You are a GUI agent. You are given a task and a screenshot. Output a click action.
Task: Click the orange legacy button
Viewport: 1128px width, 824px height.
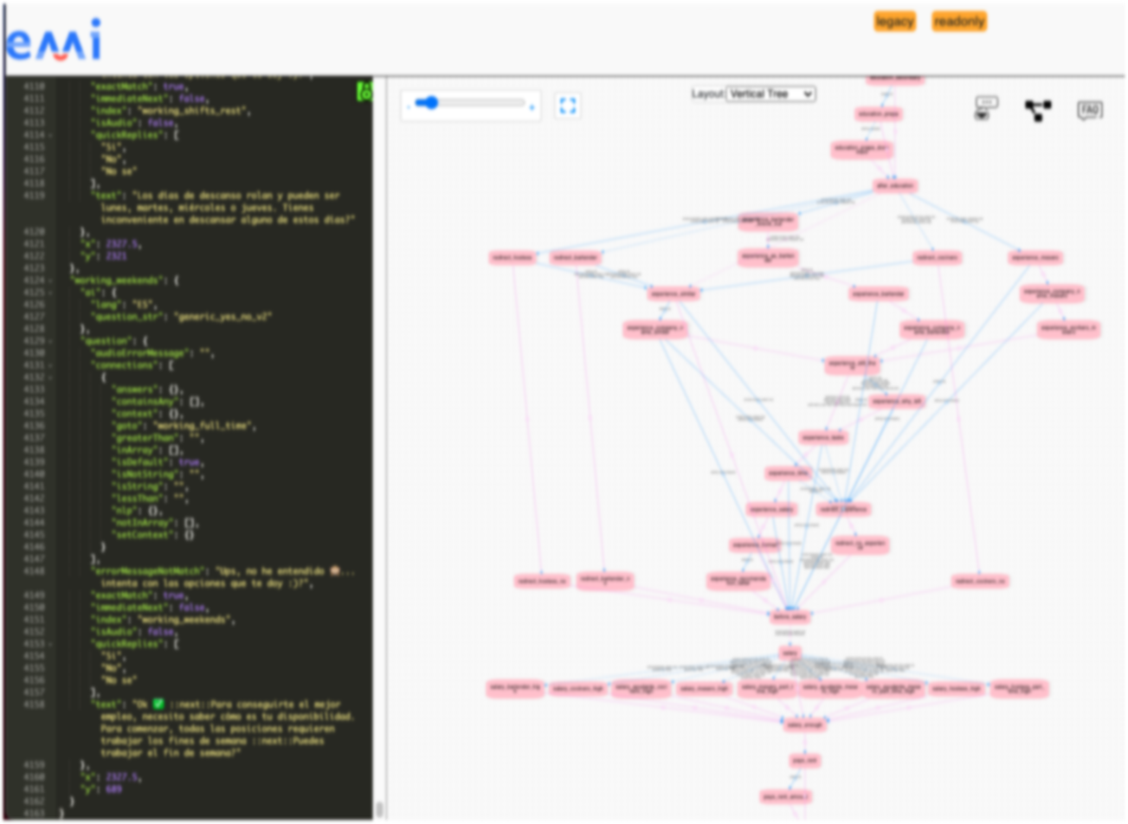tap(894, 22)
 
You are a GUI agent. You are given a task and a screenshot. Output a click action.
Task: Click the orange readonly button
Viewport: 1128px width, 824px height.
tap(959, 22)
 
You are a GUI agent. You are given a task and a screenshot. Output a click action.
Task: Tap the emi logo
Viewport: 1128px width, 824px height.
tap(54, 42)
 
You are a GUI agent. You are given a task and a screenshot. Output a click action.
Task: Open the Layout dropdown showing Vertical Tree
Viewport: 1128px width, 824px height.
tap(770, 93)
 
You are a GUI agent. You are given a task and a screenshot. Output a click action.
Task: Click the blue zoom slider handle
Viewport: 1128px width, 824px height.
tap(430, 104)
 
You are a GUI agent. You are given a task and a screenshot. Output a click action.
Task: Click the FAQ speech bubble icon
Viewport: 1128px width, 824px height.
tap(1089, 111)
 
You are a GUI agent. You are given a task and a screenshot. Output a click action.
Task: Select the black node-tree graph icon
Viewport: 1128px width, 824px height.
tap(1037, 111)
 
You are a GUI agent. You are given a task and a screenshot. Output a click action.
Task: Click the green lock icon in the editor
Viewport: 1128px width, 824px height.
tap(364, 91)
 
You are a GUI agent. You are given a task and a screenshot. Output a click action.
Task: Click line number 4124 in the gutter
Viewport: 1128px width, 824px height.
tap(35, 280)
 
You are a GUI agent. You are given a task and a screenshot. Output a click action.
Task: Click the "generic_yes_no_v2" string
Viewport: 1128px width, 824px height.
tap(223, 317)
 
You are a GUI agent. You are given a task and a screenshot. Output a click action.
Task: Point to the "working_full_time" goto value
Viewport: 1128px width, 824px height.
tap(204, 426)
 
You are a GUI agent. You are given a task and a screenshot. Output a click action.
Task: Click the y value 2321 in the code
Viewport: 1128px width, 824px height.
tap(116, 256)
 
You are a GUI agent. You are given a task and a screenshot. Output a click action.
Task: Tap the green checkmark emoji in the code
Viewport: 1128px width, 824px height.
tap(158, 705)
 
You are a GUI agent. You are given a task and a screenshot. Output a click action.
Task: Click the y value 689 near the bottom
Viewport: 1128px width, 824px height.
tap(113, 789)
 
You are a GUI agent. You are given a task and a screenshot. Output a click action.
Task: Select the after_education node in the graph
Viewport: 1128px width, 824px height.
tap(895, 186)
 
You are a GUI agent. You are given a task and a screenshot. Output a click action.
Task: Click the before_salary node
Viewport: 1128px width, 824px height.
tap(790, 616)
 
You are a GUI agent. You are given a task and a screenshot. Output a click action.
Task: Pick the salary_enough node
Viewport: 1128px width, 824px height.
tap(804, 724)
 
